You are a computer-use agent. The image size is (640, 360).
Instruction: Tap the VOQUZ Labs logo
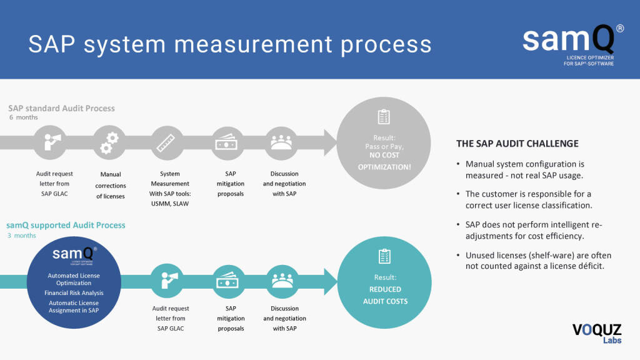(594, 334)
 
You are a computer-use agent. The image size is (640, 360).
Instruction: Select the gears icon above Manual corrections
(110, 142)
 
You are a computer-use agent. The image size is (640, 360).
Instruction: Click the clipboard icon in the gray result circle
(384, 117)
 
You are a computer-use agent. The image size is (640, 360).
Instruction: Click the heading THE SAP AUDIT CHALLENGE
(517, 144)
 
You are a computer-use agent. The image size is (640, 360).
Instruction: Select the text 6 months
(24, 117)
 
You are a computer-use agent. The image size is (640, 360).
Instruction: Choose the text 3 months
(22, 236)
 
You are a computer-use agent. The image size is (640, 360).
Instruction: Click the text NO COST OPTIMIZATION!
(384, 161)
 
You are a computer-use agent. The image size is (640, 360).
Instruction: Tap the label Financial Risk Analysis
(74, 293)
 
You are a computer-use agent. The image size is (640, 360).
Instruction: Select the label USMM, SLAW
(170, 204)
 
